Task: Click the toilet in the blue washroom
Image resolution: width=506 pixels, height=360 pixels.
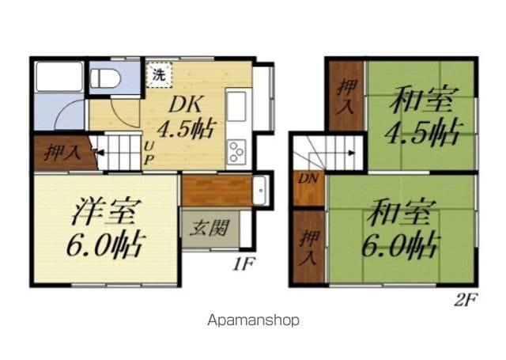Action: (x=105, y=78)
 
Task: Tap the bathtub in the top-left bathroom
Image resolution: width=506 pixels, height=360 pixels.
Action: (x=59, y=77)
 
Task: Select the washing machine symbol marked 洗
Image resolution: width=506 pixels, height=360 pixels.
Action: (x=159, y=75)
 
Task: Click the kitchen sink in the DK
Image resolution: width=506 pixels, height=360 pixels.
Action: (x=236, y=106)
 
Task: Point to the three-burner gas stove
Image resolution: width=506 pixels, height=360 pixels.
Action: (x=236, y=152)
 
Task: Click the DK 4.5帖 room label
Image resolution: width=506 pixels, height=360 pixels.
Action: (x=186, y=118)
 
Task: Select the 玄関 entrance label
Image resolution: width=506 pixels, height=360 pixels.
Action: (x=209, y=228)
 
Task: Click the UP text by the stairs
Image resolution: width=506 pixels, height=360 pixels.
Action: (x=149, y=154)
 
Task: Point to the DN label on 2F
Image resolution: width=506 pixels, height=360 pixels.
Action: (x=308, y=179)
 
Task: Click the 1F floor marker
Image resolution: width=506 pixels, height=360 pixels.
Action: (x=244, y=264)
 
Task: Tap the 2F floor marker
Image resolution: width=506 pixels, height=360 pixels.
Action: (x=465, y=301)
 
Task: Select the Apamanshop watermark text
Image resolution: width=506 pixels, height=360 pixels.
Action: (x=253, y=320)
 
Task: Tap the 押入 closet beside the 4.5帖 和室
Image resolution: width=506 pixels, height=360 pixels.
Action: (x=346, y=97)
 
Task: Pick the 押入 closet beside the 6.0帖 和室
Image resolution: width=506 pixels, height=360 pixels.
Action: (x=309, y=248)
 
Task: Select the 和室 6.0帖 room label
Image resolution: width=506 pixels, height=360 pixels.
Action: (x=401, y=229)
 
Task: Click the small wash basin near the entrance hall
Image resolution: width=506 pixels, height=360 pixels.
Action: (x=259, y=191)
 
